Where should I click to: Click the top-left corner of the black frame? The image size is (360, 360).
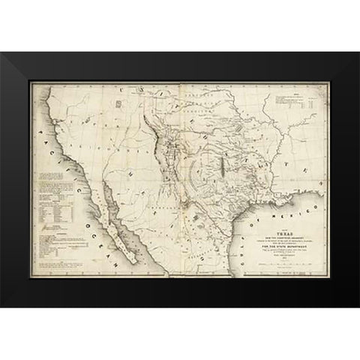coord(2,53)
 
